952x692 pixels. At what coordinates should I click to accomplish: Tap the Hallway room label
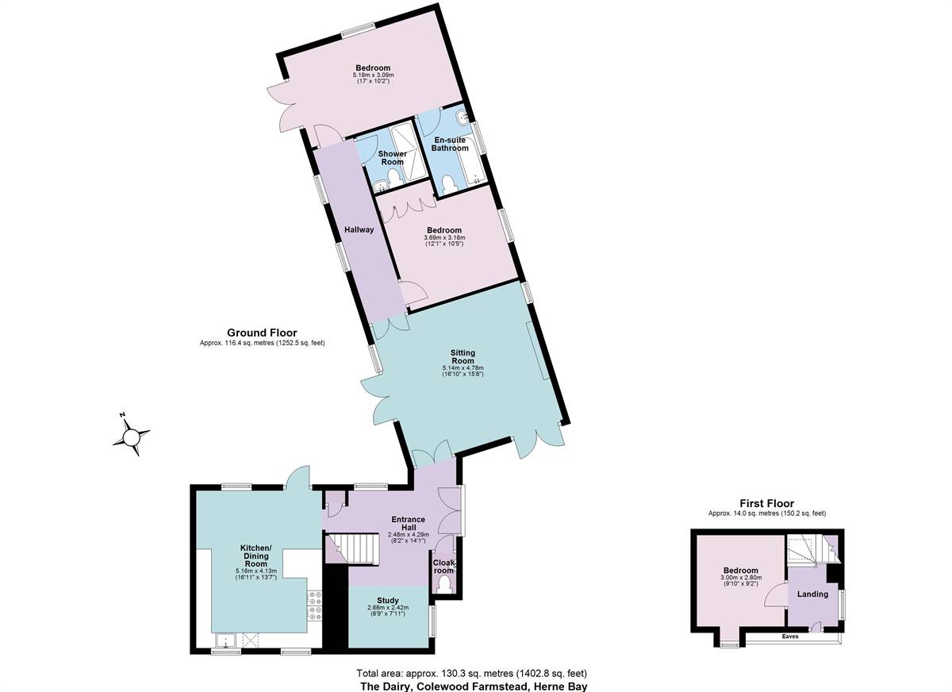(x=359, y=230)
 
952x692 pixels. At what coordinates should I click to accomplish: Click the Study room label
(x=388, y=601)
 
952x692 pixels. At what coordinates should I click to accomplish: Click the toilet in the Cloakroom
(x=443, y=586)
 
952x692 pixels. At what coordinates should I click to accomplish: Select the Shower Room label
(x=392, y=158)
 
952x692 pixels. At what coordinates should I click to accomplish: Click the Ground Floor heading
(x=262, y=333)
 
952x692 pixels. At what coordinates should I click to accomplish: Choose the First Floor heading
(x=766, y=503)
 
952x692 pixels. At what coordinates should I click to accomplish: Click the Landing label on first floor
(x=812, y=594)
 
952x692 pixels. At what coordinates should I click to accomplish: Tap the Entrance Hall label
(x=408, y=525)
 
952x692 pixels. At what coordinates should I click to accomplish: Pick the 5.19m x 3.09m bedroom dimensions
(x=373, y=75)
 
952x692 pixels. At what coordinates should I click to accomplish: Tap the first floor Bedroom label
(x=740, y=571)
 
